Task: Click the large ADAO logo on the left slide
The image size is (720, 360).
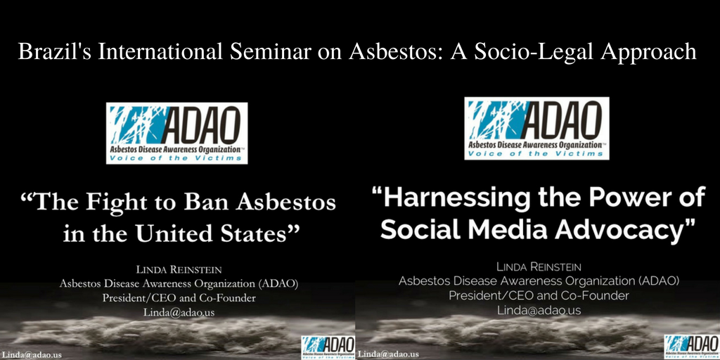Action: (176, 133)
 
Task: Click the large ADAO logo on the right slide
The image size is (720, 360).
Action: (536, 128)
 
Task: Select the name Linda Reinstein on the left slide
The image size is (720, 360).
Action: (179, 270)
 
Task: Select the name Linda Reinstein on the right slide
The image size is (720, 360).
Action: (539, 266)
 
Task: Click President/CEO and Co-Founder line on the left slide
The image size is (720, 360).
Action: (179, 298)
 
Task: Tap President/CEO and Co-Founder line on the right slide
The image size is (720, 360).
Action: (539, 295)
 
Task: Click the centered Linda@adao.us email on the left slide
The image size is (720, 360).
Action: (179, 312)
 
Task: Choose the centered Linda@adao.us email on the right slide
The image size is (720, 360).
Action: (539, 310)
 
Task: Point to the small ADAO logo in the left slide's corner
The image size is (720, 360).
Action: (328, 347)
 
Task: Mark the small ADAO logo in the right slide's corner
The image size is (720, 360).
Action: (692, 347)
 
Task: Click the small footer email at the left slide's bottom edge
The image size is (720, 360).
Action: (31, 355)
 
